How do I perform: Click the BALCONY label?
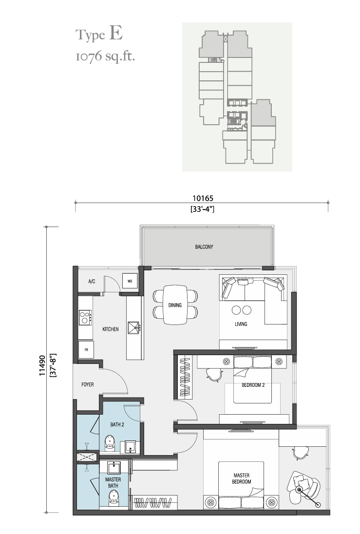coord(204,247)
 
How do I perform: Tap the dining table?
coord(175,305)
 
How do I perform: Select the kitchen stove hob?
coord(85,317)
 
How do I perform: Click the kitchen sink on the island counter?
coord(133,327)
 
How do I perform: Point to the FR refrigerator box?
coord(86,349)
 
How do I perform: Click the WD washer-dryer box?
coord(130,281)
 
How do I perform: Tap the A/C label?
coord(92,282)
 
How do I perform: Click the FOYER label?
coord(88,384)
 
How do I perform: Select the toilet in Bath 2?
coord(110,443)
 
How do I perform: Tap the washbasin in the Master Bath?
coord(114,468)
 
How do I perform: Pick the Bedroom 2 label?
coord(253,385)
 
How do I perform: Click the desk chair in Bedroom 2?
coord(213,375)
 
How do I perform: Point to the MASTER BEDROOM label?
coord(242,478)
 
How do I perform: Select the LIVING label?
coord(241,324)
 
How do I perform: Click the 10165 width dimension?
coord(203,198)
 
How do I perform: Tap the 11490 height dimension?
coord(42,365)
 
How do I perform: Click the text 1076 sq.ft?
coord(105,56)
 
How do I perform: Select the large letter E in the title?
coord(116,33)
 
